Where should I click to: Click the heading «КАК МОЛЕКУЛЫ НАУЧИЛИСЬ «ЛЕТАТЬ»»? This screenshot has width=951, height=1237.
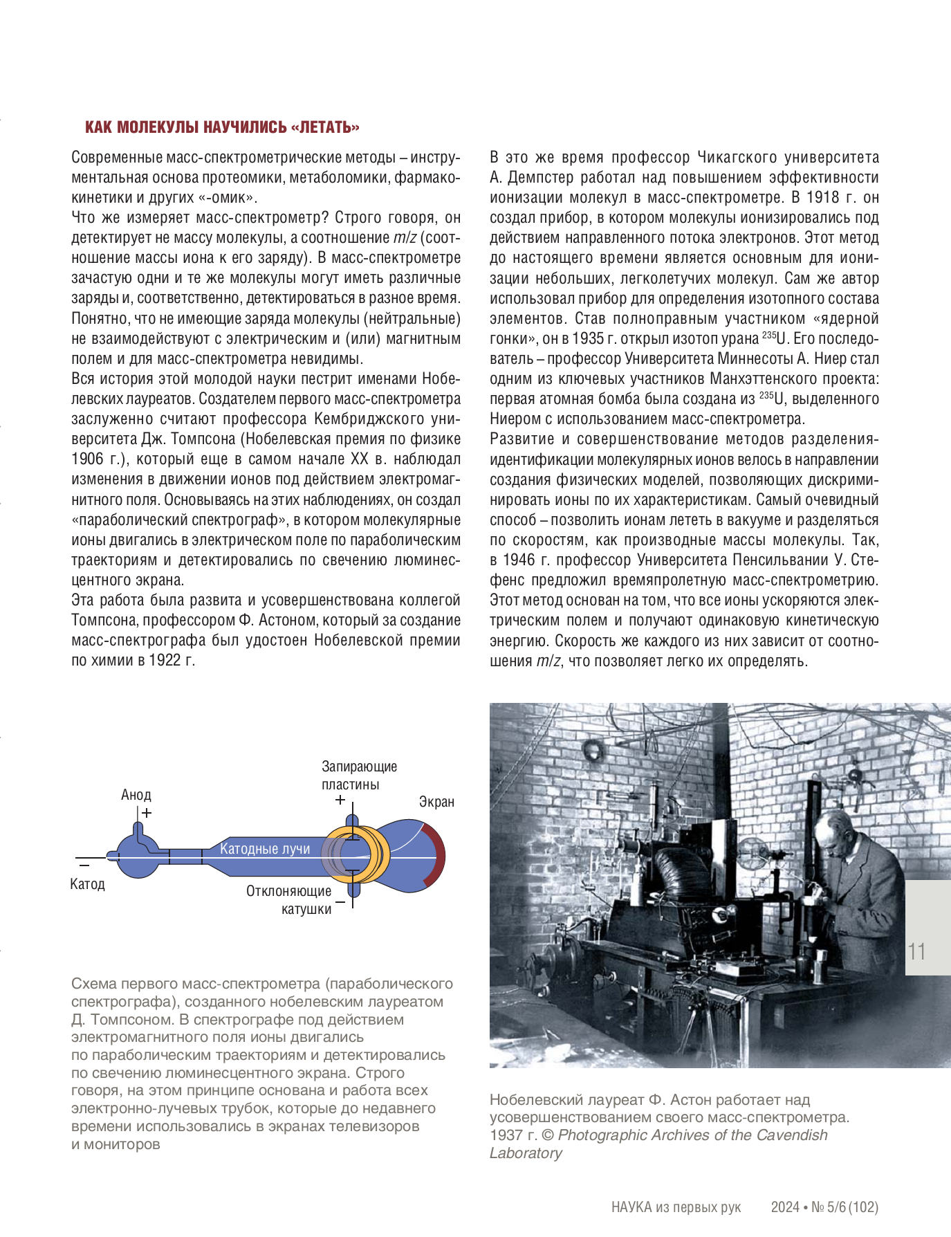tap(222, 127)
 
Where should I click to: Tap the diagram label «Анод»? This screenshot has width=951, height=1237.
tap(136, 795)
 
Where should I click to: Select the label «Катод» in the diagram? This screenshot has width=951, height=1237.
tap(87, 884)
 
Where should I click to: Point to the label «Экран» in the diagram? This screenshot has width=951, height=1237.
tap(436, 802)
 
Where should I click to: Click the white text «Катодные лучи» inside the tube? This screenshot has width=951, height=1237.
tap(264, 849)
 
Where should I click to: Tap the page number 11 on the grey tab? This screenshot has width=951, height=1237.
tap(916, 951)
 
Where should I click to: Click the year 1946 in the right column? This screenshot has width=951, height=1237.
tap(519, 560)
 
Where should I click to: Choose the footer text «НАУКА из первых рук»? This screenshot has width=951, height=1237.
tap(676, 1207)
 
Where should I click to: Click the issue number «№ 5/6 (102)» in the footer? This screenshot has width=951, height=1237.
tap(844, 1207)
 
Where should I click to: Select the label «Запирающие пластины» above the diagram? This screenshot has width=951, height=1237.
tap(358, 776)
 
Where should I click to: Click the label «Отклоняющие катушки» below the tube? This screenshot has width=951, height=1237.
tap(289, 899)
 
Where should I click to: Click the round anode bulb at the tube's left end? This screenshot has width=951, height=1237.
tap(136, 855)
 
